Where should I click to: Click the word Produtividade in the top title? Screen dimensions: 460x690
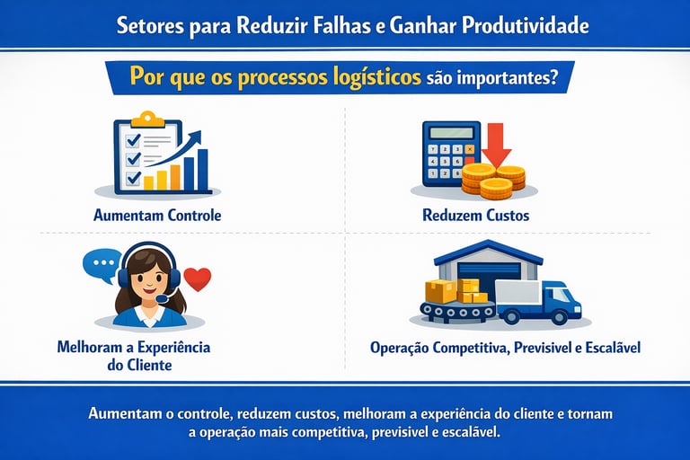click(x=525, y=25)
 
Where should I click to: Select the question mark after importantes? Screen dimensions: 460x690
click(x=554, y=77)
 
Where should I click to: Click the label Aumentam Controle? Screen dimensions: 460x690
click(x=156, y=216)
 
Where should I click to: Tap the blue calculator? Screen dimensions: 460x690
click(x=446, y=154)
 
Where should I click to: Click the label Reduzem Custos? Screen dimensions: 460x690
click(x=475, y=216)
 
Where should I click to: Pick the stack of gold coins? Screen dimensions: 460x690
click(x=493, y=180)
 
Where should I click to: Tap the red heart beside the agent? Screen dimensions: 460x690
click(x=201, y=279)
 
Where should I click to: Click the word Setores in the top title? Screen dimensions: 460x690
click(x=148, y=25)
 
